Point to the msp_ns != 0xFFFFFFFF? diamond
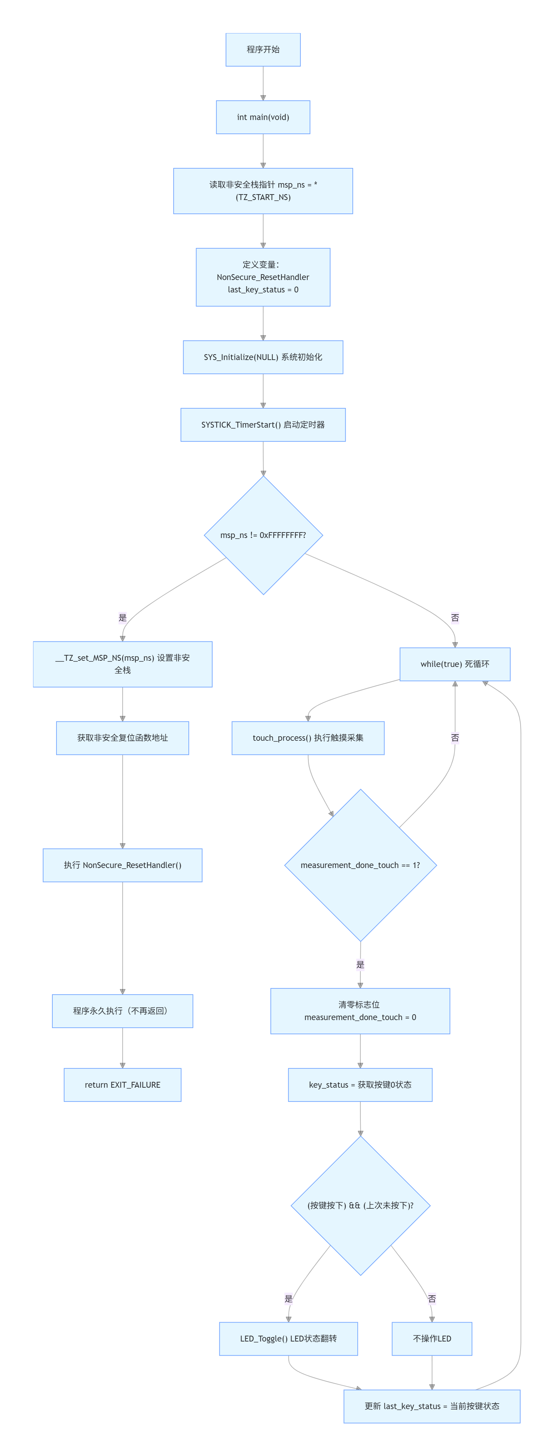tap(263, 535)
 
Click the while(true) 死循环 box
tap(455, 664)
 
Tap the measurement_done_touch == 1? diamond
tap(360, 865)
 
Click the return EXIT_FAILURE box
tap(123, 1085)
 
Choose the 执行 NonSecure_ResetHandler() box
tap(123, 865)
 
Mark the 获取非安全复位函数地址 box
tap(123, 738)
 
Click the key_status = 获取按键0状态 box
tap(360, 1085)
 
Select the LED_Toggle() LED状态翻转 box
tap(289, 1338)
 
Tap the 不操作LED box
tap(432, 1338)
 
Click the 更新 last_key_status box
tap(432, 1406)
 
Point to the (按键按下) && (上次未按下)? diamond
tap(360, 1206)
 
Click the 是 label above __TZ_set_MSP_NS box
tap(123, 617)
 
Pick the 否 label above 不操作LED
tap(432, 1299)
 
